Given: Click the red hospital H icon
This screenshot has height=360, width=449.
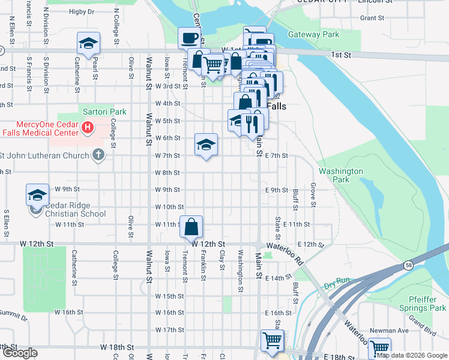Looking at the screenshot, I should click(x=88, y=128).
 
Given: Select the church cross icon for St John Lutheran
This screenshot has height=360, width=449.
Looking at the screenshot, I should click(x=98, y=155).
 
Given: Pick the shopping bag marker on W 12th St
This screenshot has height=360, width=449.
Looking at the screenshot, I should click(x=191, y=227).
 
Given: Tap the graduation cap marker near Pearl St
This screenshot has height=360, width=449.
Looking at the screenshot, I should click(x=88, y=44).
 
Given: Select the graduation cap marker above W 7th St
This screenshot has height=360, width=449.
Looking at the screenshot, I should click(x=206, y=145).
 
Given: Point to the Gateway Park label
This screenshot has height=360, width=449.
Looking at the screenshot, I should click(x=313, y=35).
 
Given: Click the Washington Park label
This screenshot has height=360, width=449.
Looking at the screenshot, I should click(x=341, y=175).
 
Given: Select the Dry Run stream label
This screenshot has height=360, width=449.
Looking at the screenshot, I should click(x=336, y=286).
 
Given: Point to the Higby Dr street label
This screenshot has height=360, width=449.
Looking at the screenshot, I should click(x=82, y=11).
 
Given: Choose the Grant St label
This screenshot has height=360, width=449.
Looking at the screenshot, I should click(x=372, y=18).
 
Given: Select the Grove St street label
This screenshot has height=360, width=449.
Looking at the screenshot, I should click(x=313, y=193).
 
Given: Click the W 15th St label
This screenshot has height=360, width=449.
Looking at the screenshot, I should click(x=169, y=296).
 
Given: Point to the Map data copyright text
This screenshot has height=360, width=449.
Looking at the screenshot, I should click(x=411, y=355).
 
